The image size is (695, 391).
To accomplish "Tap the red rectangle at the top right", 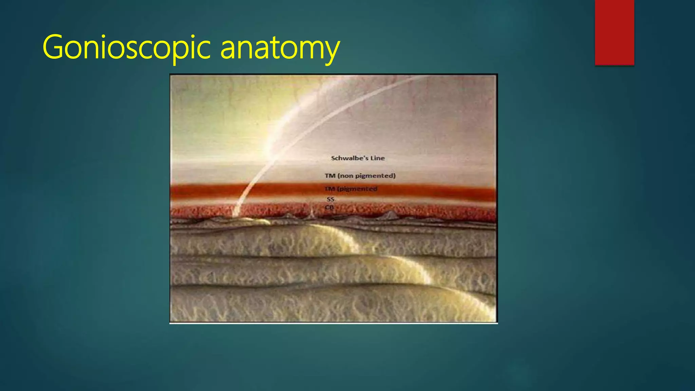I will click(x=614, y=32).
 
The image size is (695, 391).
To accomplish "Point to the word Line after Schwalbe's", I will click(x=377, y=158).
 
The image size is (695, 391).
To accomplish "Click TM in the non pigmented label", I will click(x=330, y=176).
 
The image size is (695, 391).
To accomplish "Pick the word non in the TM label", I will click(x=346, y=176).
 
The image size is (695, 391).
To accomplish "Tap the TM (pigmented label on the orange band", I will click(x=351, y=189).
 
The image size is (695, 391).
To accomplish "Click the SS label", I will click(x=330, y=199).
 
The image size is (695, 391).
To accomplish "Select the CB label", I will click(x=329, y=207).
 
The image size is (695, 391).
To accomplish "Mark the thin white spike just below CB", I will click(x=312, y=214).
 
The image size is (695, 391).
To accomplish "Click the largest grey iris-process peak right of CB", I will click(x=391, y=215).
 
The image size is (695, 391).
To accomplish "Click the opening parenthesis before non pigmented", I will click(x=338, y=176).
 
